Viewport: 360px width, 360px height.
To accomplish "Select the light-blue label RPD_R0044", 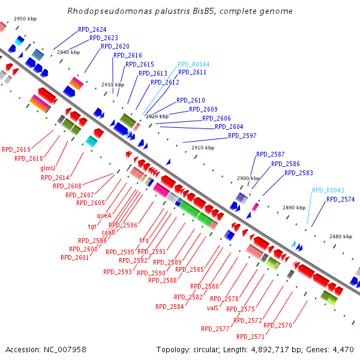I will click(193, 64).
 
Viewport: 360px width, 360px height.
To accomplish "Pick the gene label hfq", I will click(144, 240).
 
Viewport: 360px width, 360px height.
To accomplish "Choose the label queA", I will click(104, 215).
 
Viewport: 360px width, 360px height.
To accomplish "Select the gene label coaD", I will click(108, 232).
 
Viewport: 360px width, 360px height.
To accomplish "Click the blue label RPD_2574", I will click(340, 199).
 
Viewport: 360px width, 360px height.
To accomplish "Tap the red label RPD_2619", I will click(16, 149).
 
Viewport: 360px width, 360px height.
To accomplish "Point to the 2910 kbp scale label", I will click(202, 148).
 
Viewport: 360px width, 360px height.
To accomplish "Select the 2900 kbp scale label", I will click(248, 178).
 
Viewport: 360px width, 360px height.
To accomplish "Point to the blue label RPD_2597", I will click(242, 136).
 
